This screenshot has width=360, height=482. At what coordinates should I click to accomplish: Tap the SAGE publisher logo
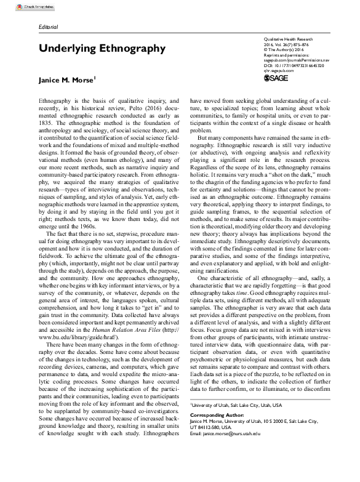tap(270, 79)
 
